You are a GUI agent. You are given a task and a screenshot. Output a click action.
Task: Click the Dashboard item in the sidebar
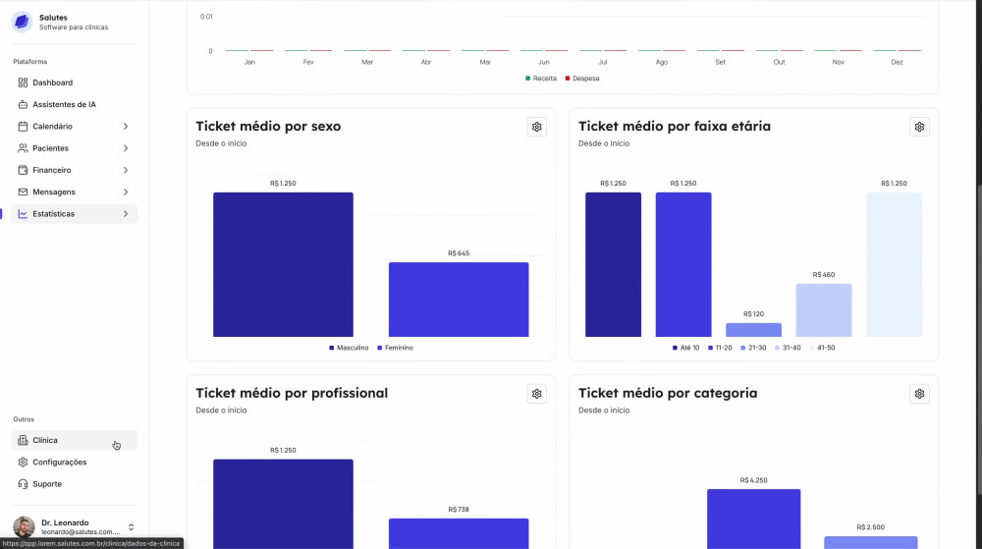point(53,82)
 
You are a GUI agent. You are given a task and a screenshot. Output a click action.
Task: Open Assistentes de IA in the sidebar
point(64,104)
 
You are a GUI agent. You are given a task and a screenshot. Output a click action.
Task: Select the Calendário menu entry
point(53,127)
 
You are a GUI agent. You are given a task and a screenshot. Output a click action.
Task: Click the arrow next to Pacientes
point(126,148)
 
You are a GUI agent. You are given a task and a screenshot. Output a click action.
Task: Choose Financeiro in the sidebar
point(51,170)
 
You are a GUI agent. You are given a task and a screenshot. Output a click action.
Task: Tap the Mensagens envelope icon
point(23,192)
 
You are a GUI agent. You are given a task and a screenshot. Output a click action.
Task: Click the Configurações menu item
point(60,462)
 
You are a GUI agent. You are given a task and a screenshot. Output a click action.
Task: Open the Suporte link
point(47,484)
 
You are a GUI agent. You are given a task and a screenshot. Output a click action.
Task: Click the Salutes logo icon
point(22,22)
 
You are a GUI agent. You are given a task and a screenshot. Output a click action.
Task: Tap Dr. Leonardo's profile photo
point(24,526)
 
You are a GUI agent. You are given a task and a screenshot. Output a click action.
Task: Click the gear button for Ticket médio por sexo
point(537,127)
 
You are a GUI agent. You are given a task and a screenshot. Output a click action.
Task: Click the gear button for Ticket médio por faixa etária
point(919,127)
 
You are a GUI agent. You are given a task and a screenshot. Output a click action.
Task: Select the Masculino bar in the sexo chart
point(283,264)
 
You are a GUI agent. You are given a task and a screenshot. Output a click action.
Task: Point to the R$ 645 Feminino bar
point(459,300)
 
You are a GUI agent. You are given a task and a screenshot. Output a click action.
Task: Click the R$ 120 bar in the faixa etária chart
point(753,330)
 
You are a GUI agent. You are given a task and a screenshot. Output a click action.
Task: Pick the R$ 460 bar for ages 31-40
point(824,310)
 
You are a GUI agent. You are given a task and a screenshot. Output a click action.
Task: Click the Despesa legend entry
point(582,79)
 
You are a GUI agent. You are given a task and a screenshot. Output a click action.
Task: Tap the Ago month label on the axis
point(661,62)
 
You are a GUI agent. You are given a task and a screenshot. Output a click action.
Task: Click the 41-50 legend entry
point(822,348)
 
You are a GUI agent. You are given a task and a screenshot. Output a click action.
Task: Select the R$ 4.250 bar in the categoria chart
point(753,519)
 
